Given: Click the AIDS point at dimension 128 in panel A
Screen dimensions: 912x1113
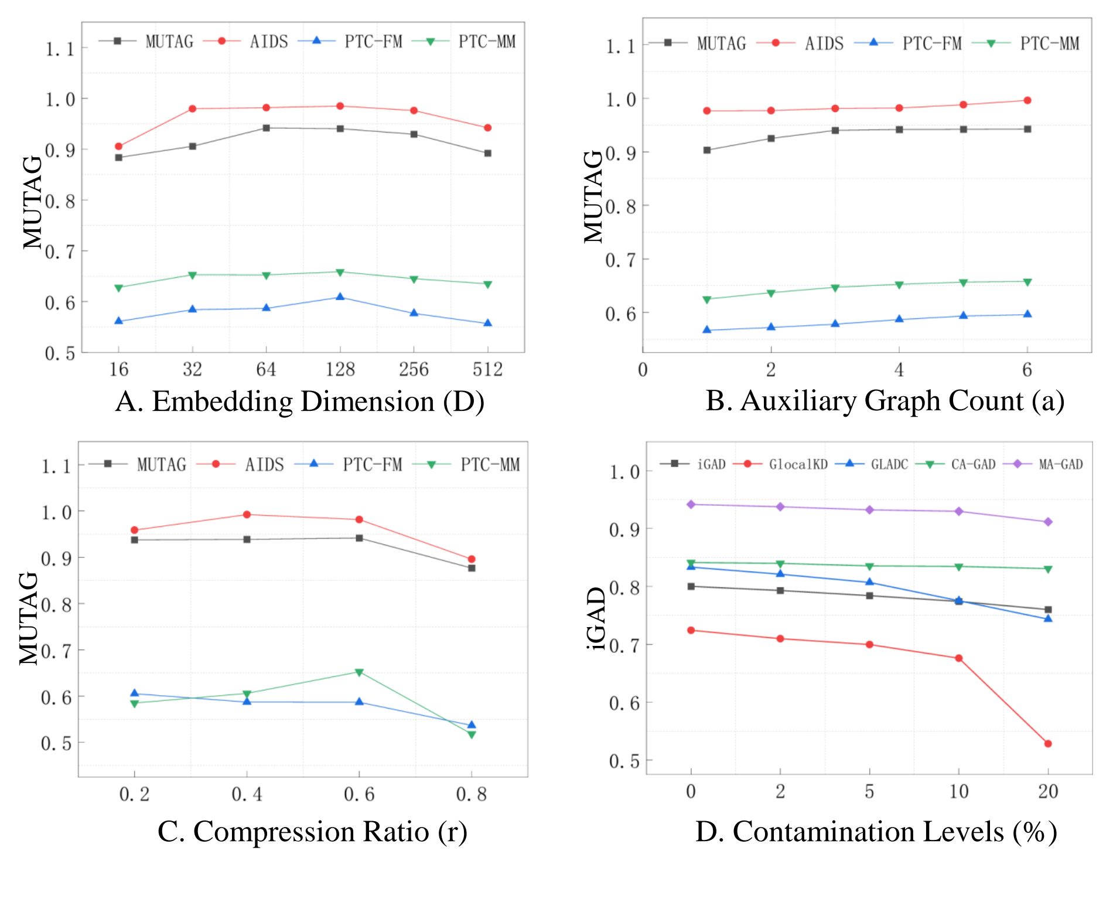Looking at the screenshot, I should tap(340, 106).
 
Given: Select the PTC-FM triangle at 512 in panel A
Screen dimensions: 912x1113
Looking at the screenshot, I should tap(487, 323).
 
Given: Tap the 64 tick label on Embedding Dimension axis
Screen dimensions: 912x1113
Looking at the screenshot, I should tap(266, 369).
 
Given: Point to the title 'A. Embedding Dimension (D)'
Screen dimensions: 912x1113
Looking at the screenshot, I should tap(300, 402).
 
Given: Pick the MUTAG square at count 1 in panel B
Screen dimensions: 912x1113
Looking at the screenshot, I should tap(707, 150).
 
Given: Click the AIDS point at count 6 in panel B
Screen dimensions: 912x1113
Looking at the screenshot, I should tap(1027, 100).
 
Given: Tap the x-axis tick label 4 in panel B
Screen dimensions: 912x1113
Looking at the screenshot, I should tap(899, 370).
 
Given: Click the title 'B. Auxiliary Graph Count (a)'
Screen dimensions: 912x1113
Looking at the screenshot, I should tap(885, 401).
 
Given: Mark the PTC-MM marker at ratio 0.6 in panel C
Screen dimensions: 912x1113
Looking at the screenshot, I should tap(359, 672).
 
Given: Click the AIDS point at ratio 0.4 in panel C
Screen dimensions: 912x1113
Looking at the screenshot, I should tap(247, 515).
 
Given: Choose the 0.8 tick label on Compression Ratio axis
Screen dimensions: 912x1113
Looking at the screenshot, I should tap(472, 795).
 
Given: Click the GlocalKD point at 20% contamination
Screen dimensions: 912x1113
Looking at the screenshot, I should tap(1048, 744).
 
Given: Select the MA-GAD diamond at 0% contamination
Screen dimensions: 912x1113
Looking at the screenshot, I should tap(691, 504).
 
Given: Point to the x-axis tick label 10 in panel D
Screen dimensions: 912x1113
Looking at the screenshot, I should tap(959, 792).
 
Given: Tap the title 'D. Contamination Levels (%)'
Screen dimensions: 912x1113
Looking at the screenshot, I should tap(876, 832).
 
